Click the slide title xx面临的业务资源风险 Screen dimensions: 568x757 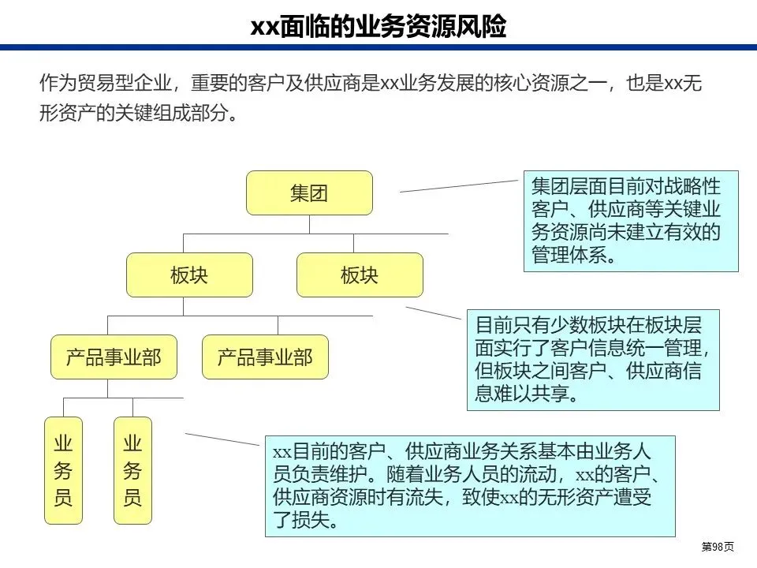(x=378, y=27)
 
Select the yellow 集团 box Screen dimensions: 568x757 (x=309, y=193)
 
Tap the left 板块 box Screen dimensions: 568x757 (x=189, y=275)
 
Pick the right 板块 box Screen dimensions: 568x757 (x=360, y=275)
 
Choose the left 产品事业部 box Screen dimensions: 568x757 (x=114, y=357)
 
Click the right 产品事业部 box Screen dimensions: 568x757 (x=265, y=357)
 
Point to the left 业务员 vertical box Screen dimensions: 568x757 (x=63, y=470)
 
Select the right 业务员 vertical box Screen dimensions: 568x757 (x=132, y=470)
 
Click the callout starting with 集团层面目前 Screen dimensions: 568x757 (x=631, y=222)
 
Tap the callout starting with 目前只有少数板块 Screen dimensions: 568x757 (x=593, y=359)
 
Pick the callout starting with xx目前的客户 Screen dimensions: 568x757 (x=470, y=486)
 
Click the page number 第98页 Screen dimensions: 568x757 (x=718, y=547)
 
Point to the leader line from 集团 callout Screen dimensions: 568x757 (x=461, y=185)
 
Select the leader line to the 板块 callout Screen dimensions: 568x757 (x=434, y=312)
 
